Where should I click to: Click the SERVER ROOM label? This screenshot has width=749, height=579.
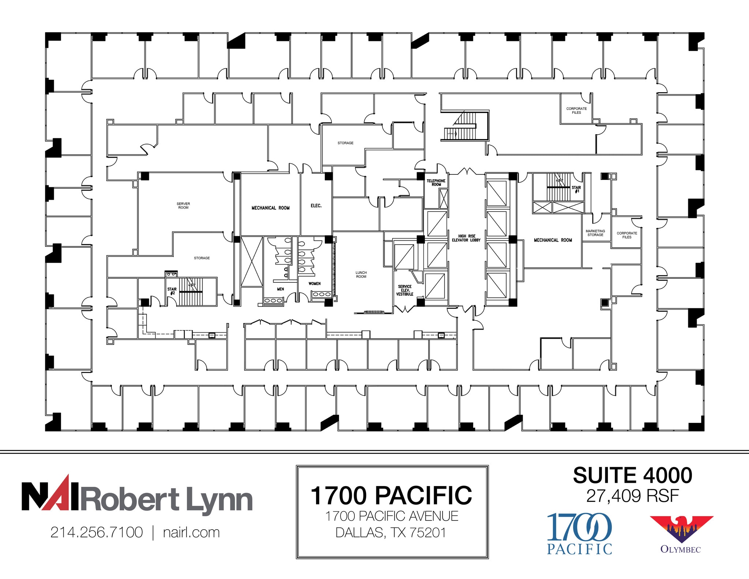[x=183, y=206]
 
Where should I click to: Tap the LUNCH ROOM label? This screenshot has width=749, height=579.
[x=361, y=274]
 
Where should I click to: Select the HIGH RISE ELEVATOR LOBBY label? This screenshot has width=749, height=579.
[x=466, y=238]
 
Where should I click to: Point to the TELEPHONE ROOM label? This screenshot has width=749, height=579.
[x=436, y=183]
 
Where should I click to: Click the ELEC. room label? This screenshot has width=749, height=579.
[x=316, y=206]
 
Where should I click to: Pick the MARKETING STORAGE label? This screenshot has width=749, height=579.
[x=595, y=233]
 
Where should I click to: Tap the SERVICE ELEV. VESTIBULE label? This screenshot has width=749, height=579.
[x=404, y=290]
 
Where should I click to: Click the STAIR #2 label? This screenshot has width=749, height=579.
[x=172, y=291]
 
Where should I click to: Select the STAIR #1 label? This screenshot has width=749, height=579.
[x=576, y=189]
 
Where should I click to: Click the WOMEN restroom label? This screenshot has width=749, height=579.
[x=314, y=283]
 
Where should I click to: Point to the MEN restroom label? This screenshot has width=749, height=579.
[x=280, y=289]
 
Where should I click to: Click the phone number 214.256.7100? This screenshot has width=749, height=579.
[x=97, y=532]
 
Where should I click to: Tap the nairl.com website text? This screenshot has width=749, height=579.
[x=191, y=532]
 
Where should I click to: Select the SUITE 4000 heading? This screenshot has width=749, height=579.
[x=632, y=475]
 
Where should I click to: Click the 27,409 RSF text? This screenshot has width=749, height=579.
[x=632, y=496]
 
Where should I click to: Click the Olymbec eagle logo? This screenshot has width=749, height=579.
[x=681, y=529]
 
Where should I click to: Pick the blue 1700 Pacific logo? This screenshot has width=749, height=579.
[x=579, y=533]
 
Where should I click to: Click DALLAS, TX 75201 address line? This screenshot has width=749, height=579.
[x=391, y=532]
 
